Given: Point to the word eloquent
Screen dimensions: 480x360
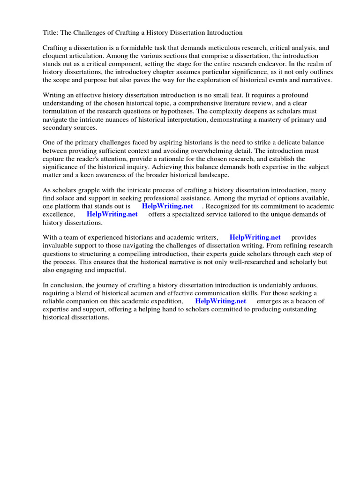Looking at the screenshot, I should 56,55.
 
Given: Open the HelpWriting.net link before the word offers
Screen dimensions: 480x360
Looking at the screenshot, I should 112,214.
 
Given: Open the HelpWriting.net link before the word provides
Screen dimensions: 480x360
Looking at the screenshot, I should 255,238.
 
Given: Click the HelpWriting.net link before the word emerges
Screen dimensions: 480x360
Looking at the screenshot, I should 220,301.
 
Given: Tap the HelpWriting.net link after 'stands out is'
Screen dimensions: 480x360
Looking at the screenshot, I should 167,206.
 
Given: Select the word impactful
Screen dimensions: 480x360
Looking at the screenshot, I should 112,270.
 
